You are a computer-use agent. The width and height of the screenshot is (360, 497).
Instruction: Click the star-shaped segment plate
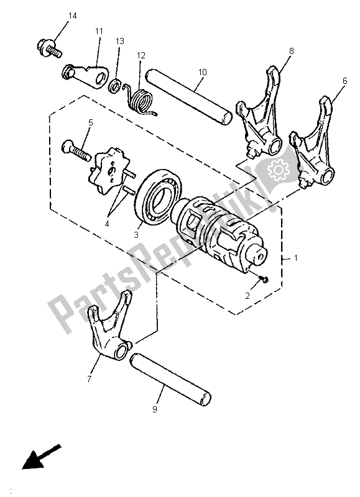click(112, 169)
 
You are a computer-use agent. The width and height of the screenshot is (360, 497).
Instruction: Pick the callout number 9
click(155, 409)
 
